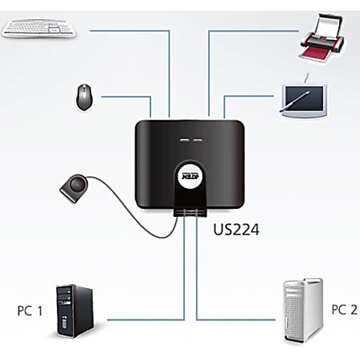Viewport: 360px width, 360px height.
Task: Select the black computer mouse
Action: tap(84, 97)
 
